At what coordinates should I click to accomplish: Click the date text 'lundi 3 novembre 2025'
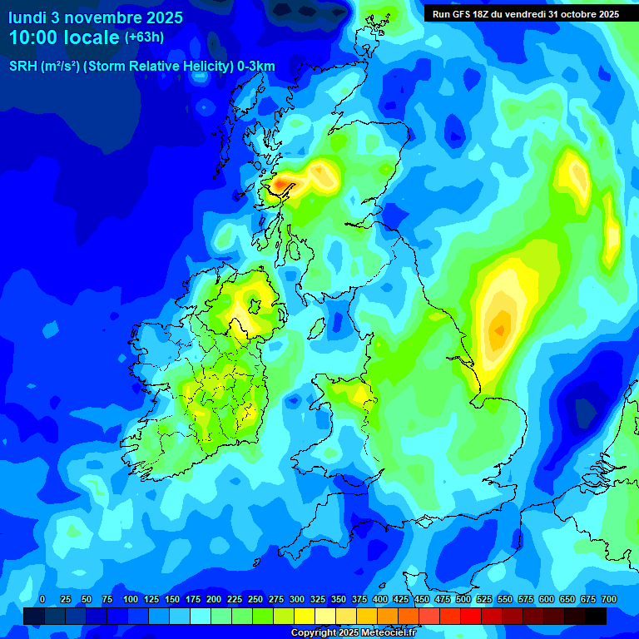[96, 17]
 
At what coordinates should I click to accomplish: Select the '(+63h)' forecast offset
[144, 37]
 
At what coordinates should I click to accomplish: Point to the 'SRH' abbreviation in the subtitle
[22, 67]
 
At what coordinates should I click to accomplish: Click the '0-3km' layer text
[256, 67]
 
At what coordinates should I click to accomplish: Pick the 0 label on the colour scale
[42, 599]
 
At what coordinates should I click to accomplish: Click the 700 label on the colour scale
[608, 599]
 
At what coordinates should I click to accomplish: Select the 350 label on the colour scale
[339, 599]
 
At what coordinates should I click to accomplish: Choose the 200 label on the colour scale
[214, 599]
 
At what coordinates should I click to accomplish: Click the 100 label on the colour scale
[131, 599]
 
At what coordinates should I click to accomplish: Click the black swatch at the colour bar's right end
[596, 616]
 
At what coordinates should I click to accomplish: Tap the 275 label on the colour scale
[276, 599]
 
